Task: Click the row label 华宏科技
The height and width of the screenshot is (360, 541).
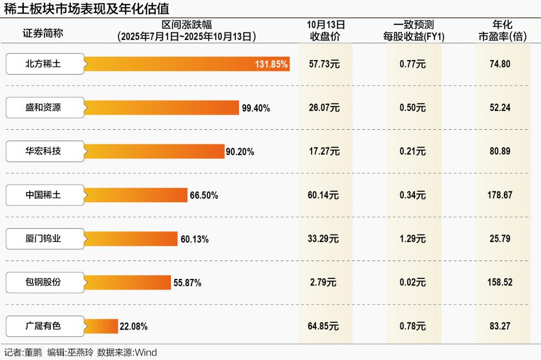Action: point(45,151)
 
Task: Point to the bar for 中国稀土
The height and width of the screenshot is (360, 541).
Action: point(136,195)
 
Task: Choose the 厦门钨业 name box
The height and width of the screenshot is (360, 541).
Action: point(45,238)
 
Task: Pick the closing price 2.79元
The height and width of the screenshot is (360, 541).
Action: point(324,282)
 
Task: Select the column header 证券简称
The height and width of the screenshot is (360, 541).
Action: point(43,33)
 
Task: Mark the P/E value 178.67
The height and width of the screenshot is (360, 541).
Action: point(500,195)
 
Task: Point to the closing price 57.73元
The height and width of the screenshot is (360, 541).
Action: point(324,64)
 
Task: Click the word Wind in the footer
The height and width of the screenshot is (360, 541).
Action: point(146,353)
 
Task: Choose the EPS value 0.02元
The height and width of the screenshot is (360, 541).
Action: point(413,282)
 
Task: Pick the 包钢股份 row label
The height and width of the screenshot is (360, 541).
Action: point(45,282)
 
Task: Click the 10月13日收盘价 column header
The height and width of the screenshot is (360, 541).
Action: point(326,31)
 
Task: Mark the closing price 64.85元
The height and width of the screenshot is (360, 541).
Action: point(324,326)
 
